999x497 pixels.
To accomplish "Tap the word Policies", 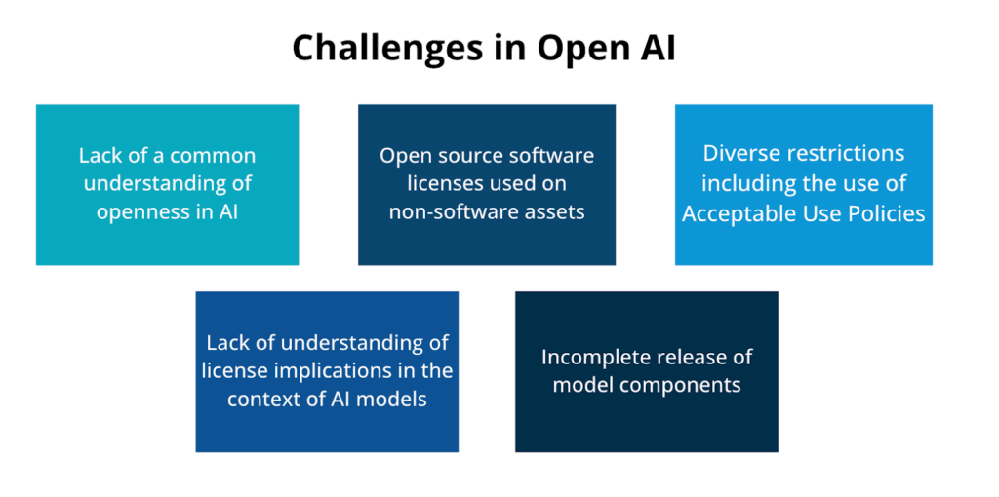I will coord(886,213).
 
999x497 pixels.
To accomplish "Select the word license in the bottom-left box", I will coord(235,371).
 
